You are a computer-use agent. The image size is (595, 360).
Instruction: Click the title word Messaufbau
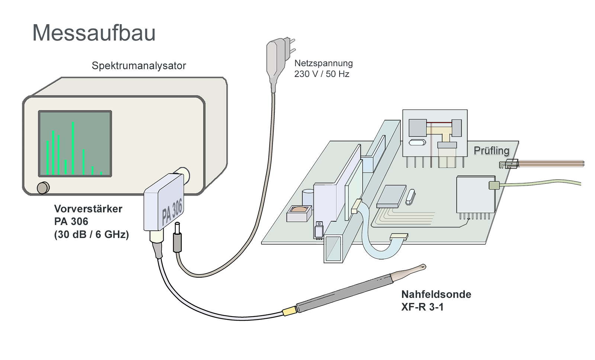click(x=94, y=33)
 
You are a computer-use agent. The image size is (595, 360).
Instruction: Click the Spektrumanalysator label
click(x=139, y=66)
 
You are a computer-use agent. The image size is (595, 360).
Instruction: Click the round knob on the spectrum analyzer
click(x=43, y=187)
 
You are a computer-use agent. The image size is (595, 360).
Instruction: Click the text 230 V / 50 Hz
click(x=322, y=74)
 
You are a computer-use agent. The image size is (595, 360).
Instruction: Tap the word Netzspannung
click(x=323, y=63)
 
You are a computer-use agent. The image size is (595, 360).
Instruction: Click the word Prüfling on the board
click(x=491, y=151)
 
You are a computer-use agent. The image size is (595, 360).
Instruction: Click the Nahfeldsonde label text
click(x=436, y=295)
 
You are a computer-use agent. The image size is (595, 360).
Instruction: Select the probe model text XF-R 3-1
click(x=422, y=307)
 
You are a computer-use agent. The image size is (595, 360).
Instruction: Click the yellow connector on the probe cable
click(x=289, y=311)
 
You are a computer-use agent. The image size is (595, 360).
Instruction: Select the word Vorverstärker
click(x=88, y=209)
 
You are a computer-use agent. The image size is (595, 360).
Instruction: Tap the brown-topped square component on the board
click(x=299, y=213)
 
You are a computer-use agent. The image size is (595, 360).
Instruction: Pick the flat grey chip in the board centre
click(x=391, y=196)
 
